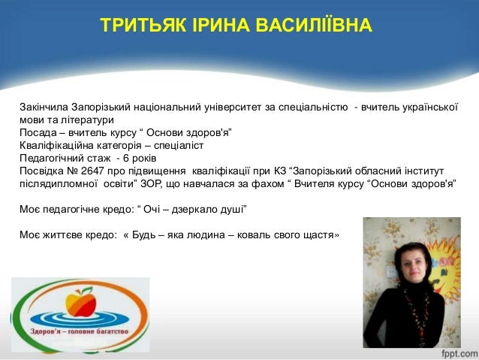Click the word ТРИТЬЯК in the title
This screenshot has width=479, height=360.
point(143,25)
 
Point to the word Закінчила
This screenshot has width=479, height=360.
point(44,107)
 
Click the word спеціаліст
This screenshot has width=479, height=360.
point(179,146)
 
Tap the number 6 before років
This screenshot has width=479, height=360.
point(126,159)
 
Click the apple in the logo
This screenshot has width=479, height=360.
point(81,303)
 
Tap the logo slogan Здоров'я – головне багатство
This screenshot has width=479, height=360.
point(80,331)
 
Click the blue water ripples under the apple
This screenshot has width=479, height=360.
point(80,319)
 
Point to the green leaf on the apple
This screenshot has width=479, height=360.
point(88,289)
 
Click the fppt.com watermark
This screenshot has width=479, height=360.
point(459,353)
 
